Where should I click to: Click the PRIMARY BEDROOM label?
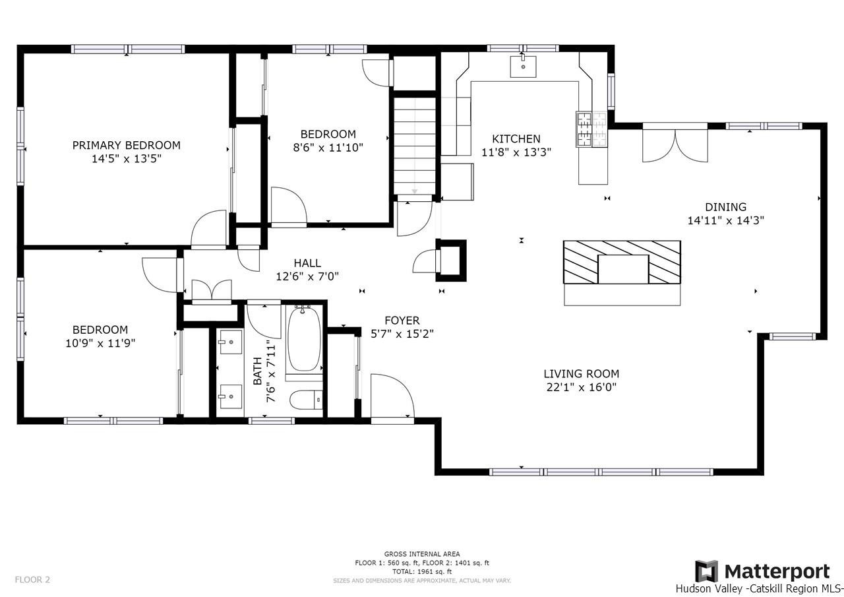(x=126, y=145)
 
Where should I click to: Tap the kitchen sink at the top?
(x=523, y=67)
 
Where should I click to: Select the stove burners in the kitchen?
(x=591, y=129)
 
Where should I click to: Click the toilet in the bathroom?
(x=307, y=400)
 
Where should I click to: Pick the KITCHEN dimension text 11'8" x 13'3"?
(x=516, y=152)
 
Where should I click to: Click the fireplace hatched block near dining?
(x=622, y=262)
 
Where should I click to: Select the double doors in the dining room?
(x=675, y=146)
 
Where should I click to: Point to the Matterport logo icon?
(x=706, y=571)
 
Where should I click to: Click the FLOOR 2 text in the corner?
(x=32, y=580)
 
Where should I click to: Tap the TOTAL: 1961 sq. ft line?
(x=422, y=571)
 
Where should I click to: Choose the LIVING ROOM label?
(x=582, y=374)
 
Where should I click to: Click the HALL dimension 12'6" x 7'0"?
(x=307, y=276)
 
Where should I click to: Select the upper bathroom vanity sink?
(x=231, y=342)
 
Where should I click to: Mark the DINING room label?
(x=726, y=207)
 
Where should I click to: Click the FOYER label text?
(x=402, y=321)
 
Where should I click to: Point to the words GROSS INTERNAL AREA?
(x=422, y=554)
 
